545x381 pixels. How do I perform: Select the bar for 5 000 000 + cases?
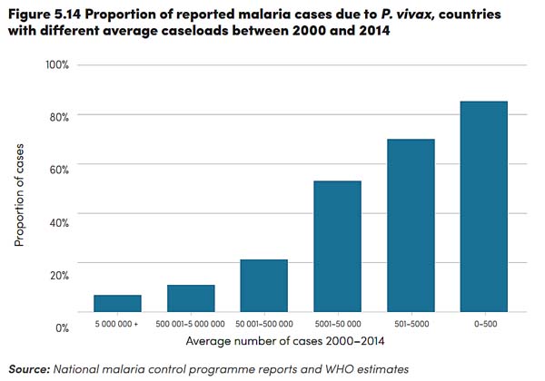pyautogui.click(x=117, y=303)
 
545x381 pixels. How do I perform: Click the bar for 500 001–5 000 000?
pyautogui.click(x=191, y=298)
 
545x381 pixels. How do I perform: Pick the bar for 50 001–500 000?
pyautogui.click(x=263, y=286)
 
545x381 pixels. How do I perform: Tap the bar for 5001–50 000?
pyautogui.click(x=337, y=246)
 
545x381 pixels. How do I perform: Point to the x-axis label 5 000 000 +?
pyautogui.click(x=117, y=323)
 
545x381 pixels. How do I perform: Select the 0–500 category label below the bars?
pyautogui.click(x=484, y=323)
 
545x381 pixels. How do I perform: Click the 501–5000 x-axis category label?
pyautogui.click(x=411, y=323)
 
